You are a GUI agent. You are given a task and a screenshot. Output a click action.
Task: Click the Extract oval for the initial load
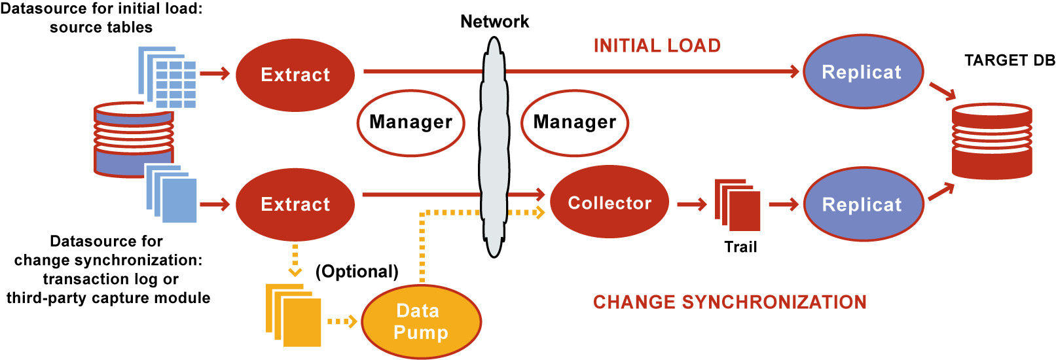click(x=295, y=75)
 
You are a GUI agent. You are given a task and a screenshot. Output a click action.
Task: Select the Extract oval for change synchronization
click(x=295, y=204)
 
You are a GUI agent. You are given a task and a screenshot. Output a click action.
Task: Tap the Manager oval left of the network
click(x=410, y=122)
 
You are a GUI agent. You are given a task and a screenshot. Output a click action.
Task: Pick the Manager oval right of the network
click(x=574, y=122)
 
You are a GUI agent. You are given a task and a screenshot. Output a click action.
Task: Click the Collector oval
click(x=609, y=203)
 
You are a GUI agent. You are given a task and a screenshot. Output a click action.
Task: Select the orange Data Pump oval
click(x=421, y=322)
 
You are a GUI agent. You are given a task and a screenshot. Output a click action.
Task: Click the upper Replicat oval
click(x=862, y=72)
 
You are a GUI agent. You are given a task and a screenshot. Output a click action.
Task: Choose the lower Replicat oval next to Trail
click(x=862, y=204)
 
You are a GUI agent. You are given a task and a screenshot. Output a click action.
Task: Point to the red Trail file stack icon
click(x=738, y=206)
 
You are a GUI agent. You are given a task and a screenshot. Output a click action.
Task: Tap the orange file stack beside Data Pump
click(x=294, y=315)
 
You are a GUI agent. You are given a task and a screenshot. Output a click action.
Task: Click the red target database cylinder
click(x=991, y=141)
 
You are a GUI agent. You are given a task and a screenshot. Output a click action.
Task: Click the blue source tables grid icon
click(x=168, y=77)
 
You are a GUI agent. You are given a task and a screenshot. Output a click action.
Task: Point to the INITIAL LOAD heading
click(x=657, y=46)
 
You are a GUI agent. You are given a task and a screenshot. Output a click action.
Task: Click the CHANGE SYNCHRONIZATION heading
click(x=729, y=302)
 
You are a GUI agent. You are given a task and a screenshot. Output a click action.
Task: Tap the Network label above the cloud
click(x=494, y=22)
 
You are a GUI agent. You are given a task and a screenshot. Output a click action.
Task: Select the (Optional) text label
click(x=357, y=272)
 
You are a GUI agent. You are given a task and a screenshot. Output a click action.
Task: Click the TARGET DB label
click(x=1010, y=60)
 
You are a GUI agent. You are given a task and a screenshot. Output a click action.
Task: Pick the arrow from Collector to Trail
click(x=692, y=205)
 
